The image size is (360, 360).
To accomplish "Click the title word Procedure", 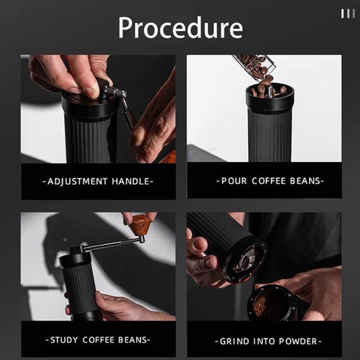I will point(180,28).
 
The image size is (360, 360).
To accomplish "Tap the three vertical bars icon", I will point(348,13).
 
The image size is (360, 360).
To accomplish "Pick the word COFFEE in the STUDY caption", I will point(98,340).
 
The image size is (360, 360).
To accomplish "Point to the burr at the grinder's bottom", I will point(246,262).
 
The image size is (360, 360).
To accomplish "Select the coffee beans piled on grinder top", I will point(269,89).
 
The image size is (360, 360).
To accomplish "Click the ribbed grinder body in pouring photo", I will point(269,134).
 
